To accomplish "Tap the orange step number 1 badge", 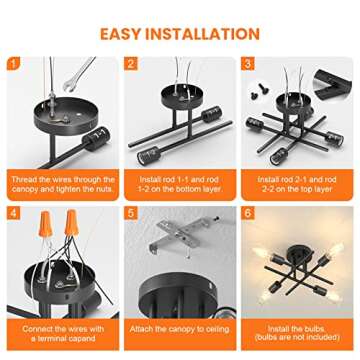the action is pos(13,63).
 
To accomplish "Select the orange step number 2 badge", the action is pos(131,63).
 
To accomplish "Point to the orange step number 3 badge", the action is pos(248,63).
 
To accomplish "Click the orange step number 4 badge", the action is pos(13,213).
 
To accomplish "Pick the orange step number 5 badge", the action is pos(131,213).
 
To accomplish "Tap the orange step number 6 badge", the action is pos(248,213).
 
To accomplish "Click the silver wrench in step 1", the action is pos(78,75).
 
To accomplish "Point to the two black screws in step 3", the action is pos(258,92).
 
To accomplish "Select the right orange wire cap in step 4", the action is pos(72,222).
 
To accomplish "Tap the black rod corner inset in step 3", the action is pos(332,85).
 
